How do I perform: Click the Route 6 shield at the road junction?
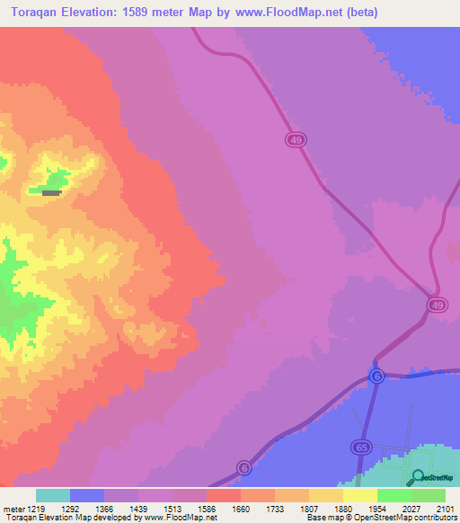click(x=376, y=376)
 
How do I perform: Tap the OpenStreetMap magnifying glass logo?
click(x=417, y=477)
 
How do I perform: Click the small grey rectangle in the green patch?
click(x=52, y=192)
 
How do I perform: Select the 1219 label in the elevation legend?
click(x=35, y=508)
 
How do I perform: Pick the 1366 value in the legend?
click(x=103, y=508)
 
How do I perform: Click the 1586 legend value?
click(x=206, y=508)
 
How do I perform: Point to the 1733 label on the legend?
click(x=274, y=508)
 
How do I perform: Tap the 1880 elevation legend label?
click(x=342, y=508)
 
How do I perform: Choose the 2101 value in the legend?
click(x=445, y=508)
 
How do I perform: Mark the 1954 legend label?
click(x=376, y=508)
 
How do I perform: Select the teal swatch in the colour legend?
click(x=52, y=495)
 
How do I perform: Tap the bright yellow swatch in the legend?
click(x=359, y=495)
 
